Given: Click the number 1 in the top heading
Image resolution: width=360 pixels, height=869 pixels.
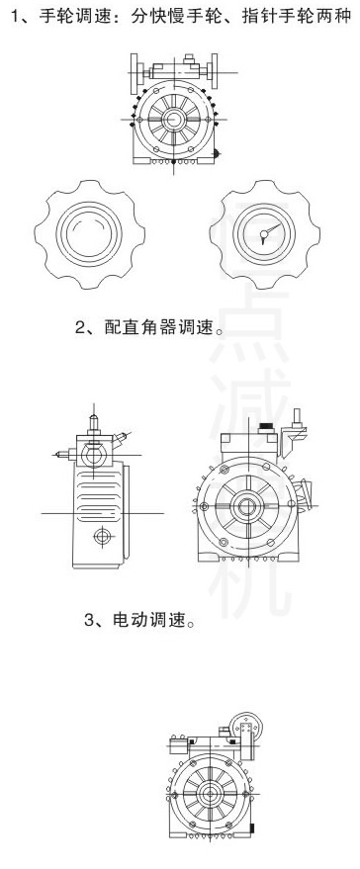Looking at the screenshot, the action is point(12,18).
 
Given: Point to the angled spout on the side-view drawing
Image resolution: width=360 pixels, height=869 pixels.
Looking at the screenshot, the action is point(118,437).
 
